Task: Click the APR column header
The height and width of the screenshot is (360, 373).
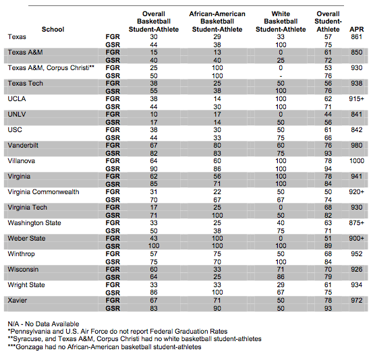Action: click(356, 29)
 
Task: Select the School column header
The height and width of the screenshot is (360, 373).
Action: click(53, 29)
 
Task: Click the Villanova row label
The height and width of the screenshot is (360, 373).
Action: click(22, 161)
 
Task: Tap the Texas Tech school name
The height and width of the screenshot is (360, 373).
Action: click(26, 84)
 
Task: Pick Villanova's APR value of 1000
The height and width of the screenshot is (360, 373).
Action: click(357, 161)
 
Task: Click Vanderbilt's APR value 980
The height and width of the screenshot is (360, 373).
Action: click(357, 146)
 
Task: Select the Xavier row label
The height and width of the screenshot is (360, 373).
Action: click(18, 300)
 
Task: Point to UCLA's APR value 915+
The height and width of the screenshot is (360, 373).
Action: click(357, 99)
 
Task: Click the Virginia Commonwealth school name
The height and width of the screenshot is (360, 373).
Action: click(44, 192)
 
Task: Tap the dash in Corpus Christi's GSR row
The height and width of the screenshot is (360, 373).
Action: click(281, 76)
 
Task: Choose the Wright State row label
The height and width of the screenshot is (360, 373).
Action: click(26, 285)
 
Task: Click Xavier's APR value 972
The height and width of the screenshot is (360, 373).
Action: click(357, 300)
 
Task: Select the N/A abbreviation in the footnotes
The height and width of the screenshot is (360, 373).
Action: click(13, 324)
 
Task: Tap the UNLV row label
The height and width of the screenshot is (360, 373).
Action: click(17, 115)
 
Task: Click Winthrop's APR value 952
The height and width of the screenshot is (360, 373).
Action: click(357, 254)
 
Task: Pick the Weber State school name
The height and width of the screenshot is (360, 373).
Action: click(26, 238)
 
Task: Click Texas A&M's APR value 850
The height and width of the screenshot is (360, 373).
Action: click(357, 53)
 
